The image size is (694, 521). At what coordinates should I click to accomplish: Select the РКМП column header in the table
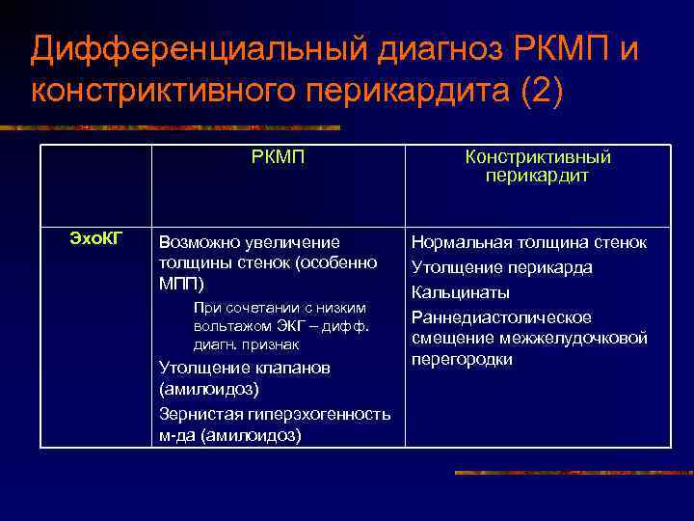[278, 158]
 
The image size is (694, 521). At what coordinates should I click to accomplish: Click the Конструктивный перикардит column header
[538, 167]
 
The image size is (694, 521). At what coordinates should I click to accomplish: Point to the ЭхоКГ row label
[96, 238]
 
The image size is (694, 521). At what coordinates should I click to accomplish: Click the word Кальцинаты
[461, 292]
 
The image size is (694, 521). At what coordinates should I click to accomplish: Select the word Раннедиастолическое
[501, 317]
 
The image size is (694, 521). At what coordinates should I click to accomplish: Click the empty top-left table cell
[96, 186]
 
